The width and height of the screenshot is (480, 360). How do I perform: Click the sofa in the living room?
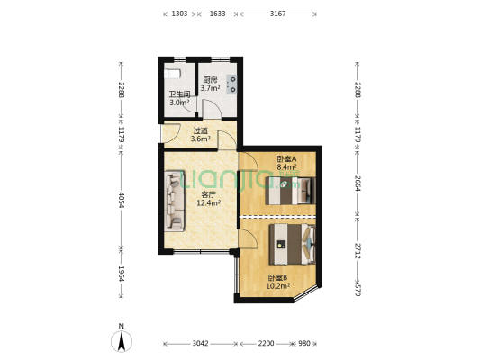174,199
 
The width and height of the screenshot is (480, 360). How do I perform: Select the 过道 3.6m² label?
201,135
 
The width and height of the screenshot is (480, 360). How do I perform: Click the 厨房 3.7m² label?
210,84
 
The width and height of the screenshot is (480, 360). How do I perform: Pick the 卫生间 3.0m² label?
178,98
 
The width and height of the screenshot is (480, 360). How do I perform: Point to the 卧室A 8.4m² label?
286,163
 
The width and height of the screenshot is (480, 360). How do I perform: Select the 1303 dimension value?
179,13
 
